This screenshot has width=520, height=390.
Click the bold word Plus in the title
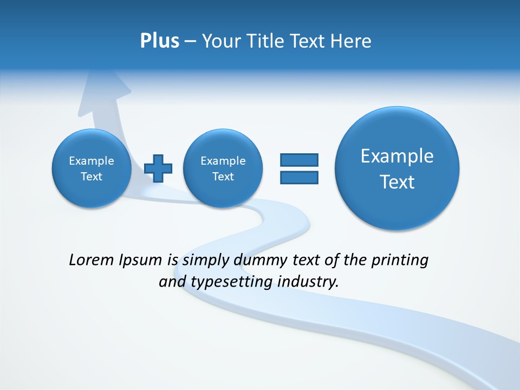pyautogui.click(x=159, y=41)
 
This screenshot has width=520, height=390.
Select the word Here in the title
pyautogui.click(x=350, y=41)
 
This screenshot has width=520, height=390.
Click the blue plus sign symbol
pyautogui.click(x=159, y=168)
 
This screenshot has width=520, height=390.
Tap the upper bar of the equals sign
pyautogui.click(x=299, y=160)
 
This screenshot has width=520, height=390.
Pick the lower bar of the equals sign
pyautogui.click(x=299, y=178)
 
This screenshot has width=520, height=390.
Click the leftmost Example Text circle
pyautogui.click(x=92, y=168)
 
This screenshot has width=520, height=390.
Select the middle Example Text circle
pyautogui.click(x=223, y=168)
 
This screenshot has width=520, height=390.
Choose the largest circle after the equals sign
pyautogui.click(x=397, y=168)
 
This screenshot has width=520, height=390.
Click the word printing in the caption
pyautogui.click(x=399, y=261)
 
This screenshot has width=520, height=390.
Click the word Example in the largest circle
pyautogui.click(x=397, y=156)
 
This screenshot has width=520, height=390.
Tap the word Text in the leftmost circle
pyautogui.click(x=92, y=177)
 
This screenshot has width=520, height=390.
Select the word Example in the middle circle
pyautogui.click(x=223, y=161)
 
